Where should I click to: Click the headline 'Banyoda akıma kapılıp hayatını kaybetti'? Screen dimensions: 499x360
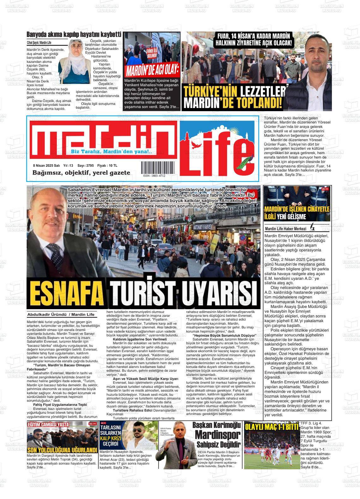coord(74,35)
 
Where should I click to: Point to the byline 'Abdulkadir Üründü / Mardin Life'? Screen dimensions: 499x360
coord(61,315)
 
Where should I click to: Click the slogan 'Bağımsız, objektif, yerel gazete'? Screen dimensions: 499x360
coord(81,173)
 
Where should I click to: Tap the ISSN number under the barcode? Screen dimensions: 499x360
coord(154,176)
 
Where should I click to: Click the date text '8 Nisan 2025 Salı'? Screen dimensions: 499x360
coord(46,165)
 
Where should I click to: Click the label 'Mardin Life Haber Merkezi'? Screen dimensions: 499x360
coord(286,228)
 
